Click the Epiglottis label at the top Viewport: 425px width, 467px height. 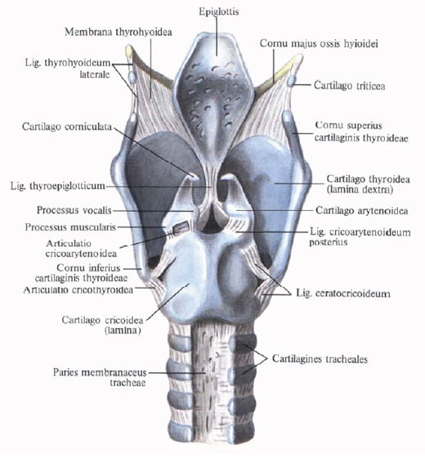(219, 11)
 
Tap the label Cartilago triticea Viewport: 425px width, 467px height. (350, 86)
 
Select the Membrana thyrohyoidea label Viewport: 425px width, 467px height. (119, 32)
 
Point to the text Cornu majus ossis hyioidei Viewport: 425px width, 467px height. (319, 44)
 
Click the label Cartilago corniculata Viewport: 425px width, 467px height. (67, 126)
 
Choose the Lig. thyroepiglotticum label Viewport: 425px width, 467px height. (58, 186)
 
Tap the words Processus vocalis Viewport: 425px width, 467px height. (74, 210)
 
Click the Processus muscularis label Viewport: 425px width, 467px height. (70, 227)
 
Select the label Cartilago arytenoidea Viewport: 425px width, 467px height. (361, 210)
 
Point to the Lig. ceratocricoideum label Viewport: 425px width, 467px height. (343, 294)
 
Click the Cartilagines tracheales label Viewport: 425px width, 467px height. (320, 359)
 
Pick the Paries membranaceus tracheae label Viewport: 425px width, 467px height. (100, 377)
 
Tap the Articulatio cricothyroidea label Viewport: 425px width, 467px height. (78, 290)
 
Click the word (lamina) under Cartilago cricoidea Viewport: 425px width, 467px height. (123, 330)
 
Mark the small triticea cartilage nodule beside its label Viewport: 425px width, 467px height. (291, 80)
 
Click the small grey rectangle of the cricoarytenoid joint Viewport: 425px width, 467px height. (181, 227)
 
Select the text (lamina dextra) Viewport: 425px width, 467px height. (360, 190)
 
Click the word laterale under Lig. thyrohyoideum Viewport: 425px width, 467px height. (95, 74)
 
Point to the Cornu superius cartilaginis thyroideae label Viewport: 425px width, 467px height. (361, 132)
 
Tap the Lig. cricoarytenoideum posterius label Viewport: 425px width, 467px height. (360, 236)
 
